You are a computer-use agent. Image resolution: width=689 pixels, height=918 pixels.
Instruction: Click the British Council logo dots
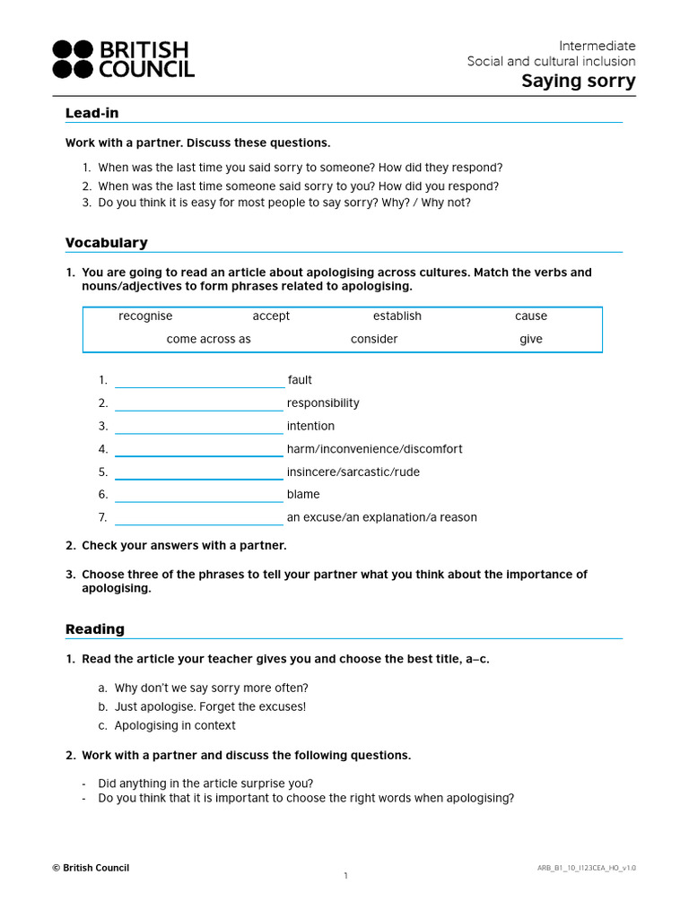[73, 59]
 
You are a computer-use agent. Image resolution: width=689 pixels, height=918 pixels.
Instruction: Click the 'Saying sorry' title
[579, 82]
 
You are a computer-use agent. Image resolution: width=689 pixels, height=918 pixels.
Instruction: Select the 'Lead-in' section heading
[92, 113]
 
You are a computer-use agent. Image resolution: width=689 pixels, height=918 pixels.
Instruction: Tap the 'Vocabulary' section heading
[106, 243]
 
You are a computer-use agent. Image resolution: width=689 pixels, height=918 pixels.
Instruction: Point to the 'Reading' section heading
[94, 629]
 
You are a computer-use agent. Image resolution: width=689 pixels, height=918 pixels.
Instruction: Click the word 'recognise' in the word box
[145, 316]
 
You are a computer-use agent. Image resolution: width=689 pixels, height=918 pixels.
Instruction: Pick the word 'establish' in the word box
[397, 316]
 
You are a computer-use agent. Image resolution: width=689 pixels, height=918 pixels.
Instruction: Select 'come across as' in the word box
[208, 340]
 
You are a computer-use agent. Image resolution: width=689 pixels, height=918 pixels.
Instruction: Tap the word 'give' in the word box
[530, 340]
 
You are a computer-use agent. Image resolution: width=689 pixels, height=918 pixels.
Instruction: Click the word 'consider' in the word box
[374, 340]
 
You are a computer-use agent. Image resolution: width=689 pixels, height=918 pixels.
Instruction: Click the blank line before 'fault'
[199, 381]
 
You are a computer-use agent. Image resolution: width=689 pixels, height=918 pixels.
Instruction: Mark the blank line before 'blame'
[199, 496]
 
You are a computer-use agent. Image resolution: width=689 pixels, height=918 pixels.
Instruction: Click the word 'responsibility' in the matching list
[323, 403]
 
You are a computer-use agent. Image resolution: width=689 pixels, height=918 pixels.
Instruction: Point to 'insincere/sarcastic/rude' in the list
[353, 472]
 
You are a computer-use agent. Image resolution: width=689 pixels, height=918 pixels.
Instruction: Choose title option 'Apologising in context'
[175, 726]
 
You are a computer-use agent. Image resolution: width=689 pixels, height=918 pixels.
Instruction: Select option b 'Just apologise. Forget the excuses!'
[210, 707]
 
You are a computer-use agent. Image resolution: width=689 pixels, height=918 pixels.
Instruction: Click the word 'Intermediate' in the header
[597, 46]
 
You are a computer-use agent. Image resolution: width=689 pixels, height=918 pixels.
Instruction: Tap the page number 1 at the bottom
[345, 876]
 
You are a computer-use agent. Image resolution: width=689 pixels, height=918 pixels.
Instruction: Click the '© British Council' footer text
[91, 868]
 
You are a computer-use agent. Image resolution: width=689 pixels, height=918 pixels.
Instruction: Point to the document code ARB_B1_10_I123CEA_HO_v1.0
[586, 868]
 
